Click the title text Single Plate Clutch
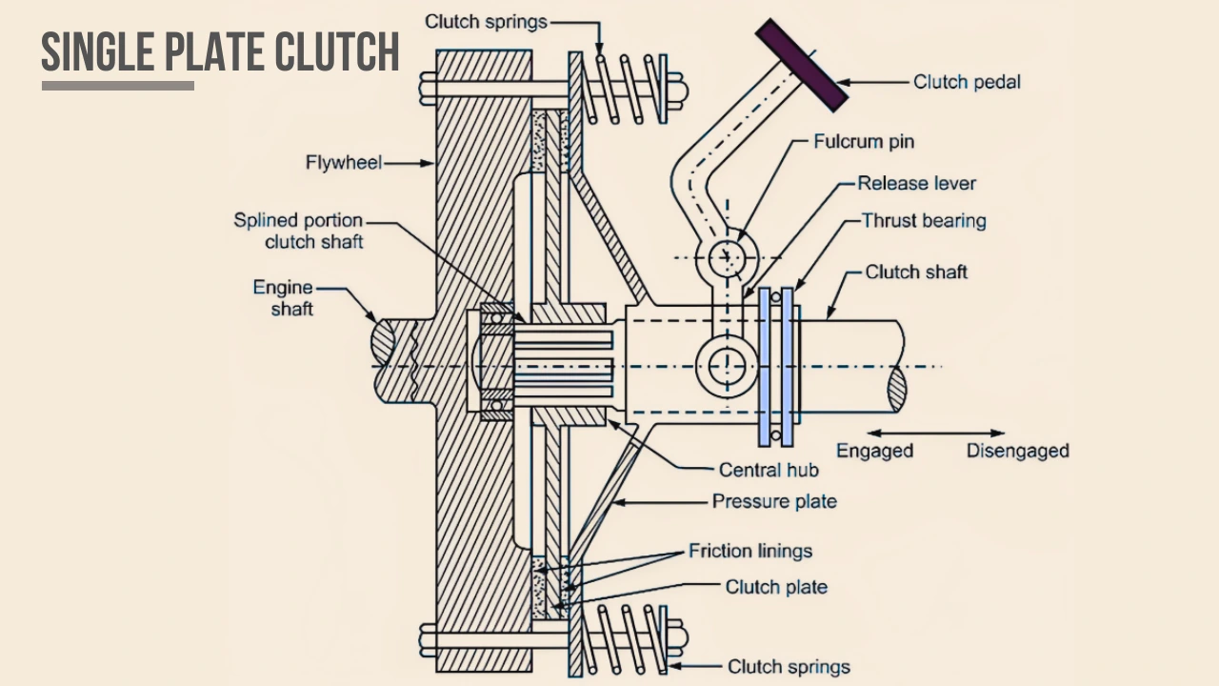(220, 51)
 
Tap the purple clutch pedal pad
(801, 66)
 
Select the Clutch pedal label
(966, 82)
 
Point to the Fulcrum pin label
(863, 142)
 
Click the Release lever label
(916, 183)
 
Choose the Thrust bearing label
(923, 221)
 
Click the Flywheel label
(343, 163)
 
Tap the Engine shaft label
(283, 297)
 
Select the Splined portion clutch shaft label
(298, 232)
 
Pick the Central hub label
(768, 470)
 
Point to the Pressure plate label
(773, 501)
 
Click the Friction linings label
(750, 552)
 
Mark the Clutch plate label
(775, 587)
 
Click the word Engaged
(874, 451)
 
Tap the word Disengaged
(1017, 451)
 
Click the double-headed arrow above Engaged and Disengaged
(935, 434)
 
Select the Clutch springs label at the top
(486, 22)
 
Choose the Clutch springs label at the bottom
(788, 667)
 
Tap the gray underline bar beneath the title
(118, 86)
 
